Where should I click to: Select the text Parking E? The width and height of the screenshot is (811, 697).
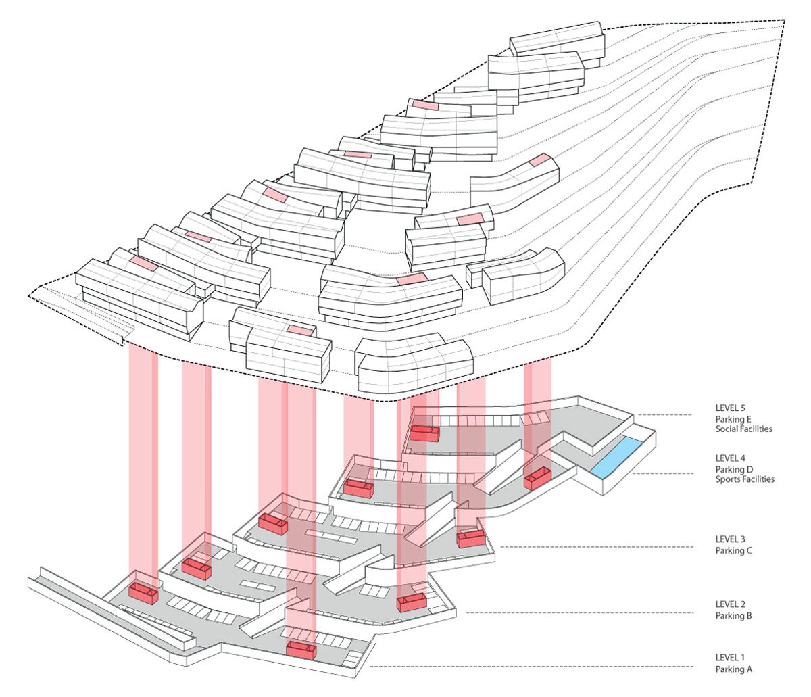point(735,419)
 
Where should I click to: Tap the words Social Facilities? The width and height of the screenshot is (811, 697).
point(744,429)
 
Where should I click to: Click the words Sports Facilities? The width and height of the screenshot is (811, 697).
point(745,479)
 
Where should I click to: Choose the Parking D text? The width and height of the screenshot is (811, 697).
point(735,469)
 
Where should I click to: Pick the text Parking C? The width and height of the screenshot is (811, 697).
point(734,550)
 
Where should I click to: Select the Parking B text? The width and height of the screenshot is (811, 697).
point(734,615)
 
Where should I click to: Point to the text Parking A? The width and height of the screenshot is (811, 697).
point(734,669)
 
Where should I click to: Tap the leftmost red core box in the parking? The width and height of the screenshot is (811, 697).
point(143,593)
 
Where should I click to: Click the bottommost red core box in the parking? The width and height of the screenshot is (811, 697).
point(301,650)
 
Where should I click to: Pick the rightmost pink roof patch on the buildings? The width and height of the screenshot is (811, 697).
point(539,160)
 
